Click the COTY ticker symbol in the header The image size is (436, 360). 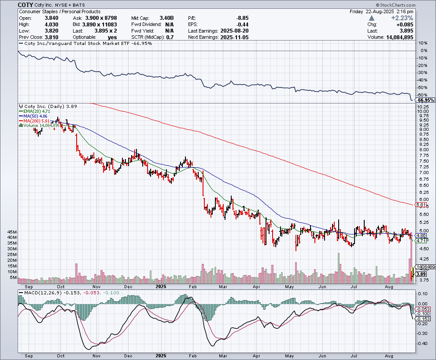25,4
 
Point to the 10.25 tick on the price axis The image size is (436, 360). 423,107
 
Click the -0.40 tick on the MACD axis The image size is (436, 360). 423,344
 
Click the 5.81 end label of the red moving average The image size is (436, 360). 421,205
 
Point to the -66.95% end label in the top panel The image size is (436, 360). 426,100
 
